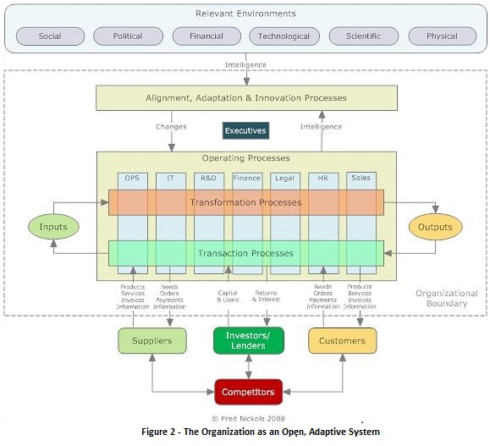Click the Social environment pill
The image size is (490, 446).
click(50, 36)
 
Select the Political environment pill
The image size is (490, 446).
click(128, 36)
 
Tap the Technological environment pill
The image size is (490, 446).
click(284, 36)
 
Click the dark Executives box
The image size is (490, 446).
click(245, 131)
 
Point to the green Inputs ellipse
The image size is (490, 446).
click(52, 227)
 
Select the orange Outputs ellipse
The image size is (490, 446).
click(436, 227)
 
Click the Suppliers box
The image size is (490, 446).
click(151, 341)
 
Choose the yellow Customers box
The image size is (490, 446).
click(342, 341)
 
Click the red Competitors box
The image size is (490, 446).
click(248, 392)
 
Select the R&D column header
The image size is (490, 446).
click(208, 179)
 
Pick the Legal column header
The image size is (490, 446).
click(285, 179)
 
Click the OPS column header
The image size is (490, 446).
click(132, 179)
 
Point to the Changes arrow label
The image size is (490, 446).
click(170, 127)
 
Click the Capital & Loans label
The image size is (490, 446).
click(228, 296)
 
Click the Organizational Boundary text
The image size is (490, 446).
click(446, 298)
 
